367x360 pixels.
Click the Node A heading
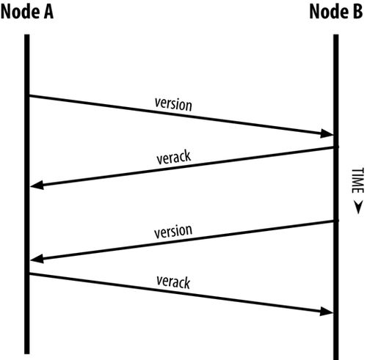point(27,12)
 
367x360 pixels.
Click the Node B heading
point(336,12)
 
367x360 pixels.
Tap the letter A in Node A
point(48,12)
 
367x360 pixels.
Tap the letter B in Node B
point(358,12)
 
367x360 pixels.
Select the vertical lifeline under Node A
point(27,194)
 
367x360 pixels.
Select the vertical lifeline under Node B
point(336,197)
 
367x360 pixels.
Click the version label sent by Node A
point(173,104)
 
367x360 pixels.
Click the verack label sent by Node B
point(173,157)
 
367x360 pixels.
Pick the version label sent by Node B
point(173,231)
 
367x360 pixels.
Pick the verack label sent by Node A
point(173,282)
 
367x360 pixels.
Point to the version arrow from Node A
point(181,115)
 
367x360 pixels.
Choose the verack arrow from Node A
point(181,293)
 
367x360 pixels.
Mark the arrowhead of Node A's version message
point(327,133)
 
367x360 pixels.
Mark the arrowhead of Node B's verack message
point(37,185)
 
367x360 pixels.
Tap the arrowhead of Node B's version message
point(37,259)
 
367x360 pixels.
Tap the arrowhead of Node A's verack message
point(327,312)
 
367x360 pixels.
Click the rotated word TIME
point(357,180)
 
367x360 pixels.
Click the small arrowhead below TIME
point(358,207)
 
